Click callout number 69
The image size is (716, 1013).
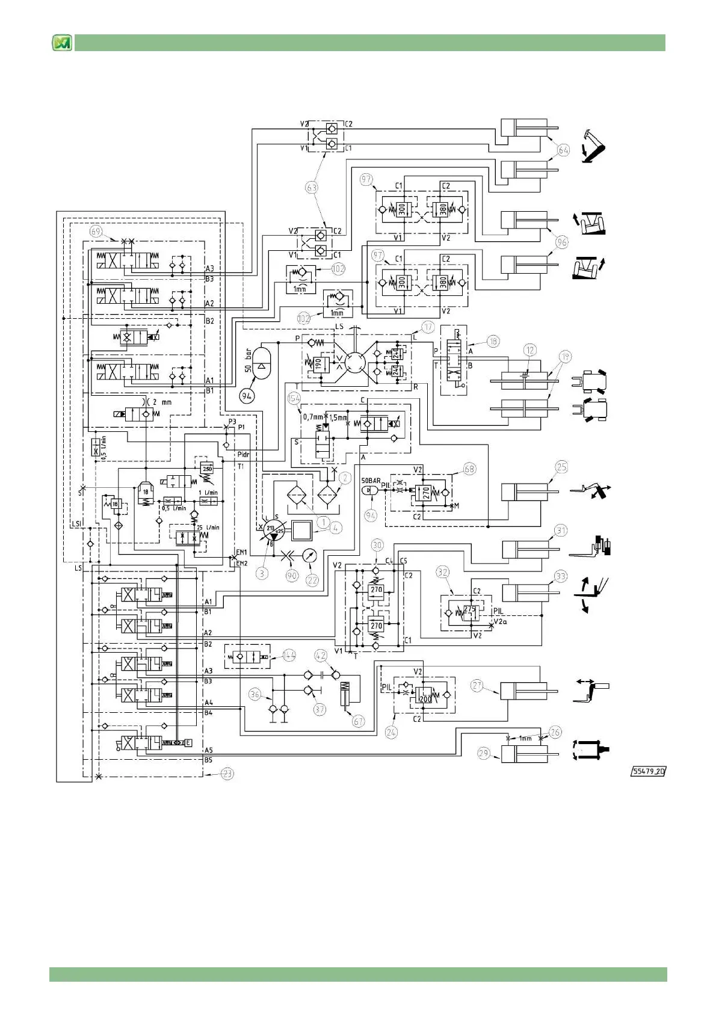[96, 232]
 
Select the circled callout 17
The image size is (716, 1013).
[427, 327]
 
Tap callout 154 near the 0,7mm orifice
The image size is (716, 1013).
[294, 398]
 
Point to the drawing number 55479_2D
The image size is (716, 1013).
[649, 771]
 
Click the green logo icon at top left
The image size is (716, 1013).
[62, 43]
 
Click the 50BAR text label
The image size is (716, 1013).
[371, 481]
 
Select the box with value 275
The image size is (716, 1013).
[469, 609]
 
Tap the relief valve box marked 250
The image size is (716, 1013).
[207, 469]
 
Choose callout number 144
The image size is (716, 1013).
[289, 656]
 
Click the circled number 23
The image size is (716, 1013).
[227, 774]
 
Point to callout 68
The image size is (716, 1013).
[469, 469]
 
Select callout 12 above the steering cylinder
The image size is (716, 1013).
[529, 350]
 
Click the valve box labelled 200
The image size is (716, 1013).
[425, 699]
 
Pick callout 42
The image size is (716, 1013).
[321, 656]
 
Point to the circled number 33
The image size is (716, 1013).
[561, 576]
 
